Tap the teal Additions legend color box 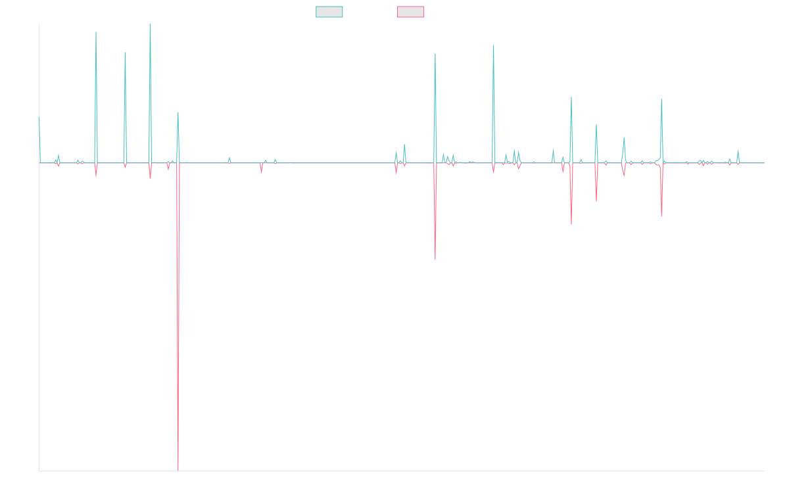click(329, 12)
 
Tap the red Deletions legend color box click(411, 12)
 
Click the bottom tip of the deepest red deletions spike click(178, 470)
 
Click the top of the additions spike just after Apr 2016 click(96, 32)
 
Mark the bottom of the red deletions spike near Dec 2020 click(435, 260)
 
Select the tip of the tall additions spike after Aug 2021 click(494, 45)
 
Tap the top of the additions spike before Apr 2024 click(661, 99)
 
